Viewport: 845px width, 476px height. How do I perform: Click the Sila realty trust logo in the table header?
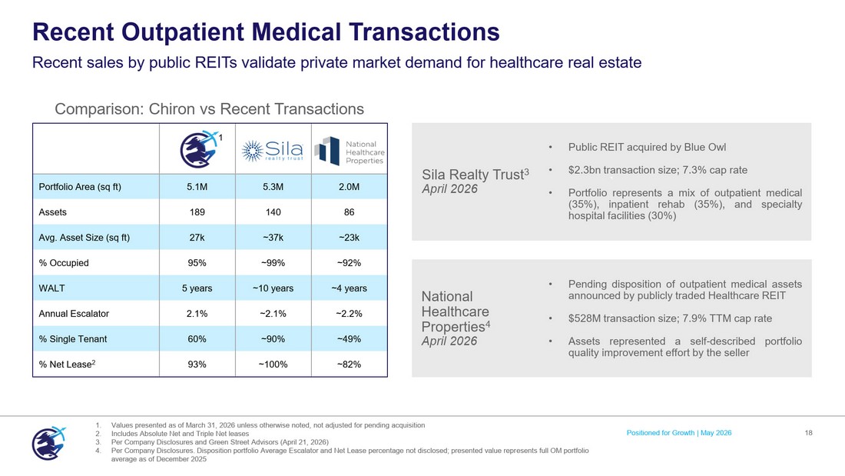point(273,151)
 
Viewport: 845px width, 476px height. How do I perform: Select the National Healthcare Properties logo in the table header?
point(350,151)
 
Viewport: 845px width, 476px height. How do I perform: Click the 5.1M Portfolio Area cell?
point(197,187)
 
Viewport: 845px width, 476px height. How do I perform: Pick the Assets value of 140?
point(273,212)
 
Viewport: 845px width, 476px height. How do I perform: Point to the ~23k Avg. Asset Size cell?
point(350,238)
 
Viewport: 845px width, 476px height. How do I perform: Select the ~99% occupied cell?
point(273,263)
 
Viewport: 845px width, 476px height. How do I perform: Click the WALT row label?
point(51,288)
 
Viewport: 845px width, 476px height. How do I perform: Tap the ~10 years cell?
point(273,288)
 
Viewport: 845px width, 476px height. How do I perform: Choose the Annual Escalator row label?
point(74,314)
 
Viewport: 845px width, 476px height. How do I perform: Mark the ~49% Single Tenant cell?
point(350,339)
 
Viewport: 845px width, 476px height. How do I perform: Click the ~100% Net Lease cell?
point(273,364)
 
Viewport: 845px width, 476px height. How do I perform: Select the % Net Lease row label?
point(67,364)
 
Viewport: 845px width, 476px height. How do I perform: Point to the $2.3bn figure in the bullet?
point(585,170)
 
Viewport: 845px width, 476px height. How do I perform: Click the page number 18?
point(808,433)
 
